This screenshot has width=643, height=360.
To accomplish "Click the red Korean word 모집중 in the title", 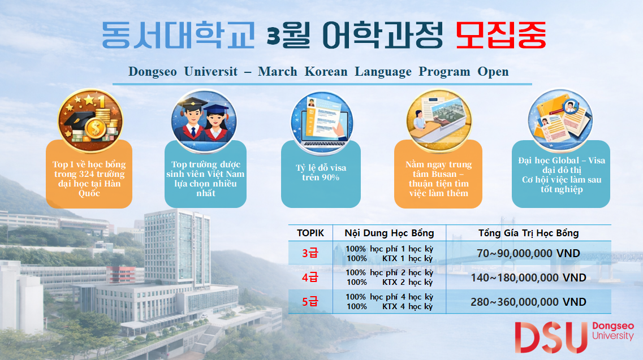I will coord(501,36).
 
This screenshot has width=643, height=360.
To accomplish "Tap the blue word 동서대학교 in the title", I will coord(178,36).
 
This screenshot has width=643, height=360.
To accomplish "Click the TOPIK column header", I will coord(310,233).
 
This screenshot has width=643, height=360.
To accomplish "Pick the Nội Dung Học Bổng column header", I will coord(390,233).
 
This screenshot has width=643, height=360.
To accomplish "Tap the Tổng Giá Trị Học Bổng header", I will coord(528,233).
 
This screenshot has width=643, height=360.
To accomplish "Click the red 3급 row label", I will coord(310,254).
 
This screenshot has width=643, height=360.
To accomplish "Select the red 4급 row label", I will coord(310,277).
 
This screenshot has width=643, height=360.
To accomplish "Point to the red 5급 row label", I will coord(310,302).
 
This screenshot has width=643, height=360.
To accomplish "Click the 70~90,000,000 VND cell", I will coord(528,254).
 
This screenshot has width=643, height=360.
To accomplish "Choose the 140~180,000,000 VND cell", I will coord(528,277).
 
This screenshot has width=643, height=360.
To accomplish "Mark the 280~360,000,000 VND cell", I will coord(528,302).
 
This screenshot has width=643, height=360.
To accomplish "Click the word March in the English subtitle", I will coord(277,72).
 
